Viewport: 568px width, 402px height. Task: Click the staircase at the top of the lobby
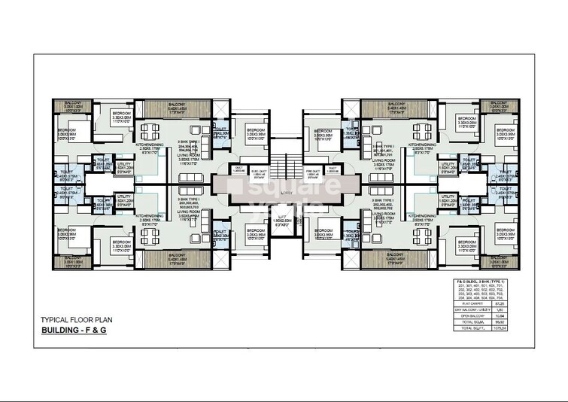(x=284, y=163)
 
